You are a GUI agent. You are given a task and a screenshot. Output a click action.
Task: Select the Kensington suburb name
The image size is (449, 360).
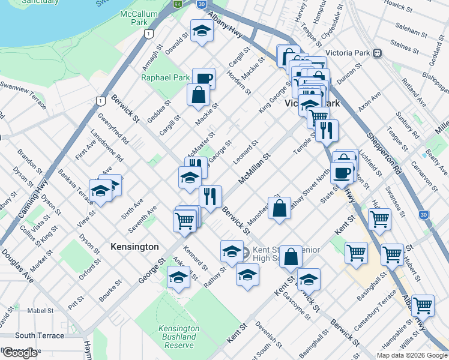134,247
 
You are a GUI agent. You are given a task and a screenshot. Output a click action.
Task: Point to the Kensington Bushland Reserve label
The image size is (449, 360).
178,337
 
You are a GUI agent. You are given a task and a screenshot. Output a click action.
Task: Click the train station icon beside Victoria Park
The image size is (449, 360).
378,52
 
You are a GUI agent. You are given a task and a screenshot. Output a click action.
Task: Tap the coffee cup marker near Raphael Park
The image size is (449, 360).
203,77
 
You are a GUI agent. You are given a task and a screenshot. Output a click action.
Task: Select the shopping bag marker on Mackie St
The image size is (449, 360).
198,94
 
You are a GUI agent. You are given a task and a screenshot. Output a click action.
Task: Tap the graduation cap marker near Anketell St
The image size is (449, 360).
178,278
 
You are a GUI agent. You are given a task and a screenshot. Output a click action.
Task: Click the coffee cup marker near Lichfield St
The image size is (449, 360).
342,173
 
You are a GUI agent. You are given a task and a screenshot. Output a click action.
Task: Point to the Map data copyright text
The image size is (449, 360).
411,355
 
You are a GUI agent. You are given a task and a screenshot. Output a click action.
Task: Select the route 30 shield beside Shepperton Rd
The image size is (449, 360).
424,215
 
